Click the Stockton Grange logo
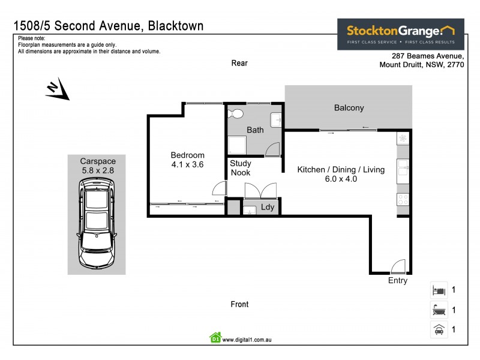(400, 34)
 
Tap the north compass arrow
(58, 90)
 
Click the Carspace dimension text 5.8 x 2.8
(97, 170)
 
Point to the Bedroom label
(188, 155)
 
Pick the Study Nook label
(241, 168)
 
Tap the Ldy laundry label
(268, 208)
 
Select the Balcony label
(349, 108)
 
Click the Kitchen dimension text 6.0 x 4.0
(340, 179)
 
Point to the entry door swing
(398, 266)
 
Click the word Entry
(397, 280)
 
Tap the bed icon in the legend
(439, 290)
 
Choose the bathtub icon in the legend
(439, 310)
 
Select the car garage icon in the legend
(439, 330)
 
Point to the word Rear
(239, 63)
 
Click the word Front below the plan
(239, 304)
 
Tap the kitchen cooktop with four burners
(403, 199)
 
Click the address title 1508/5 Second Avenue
(108, 26)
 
